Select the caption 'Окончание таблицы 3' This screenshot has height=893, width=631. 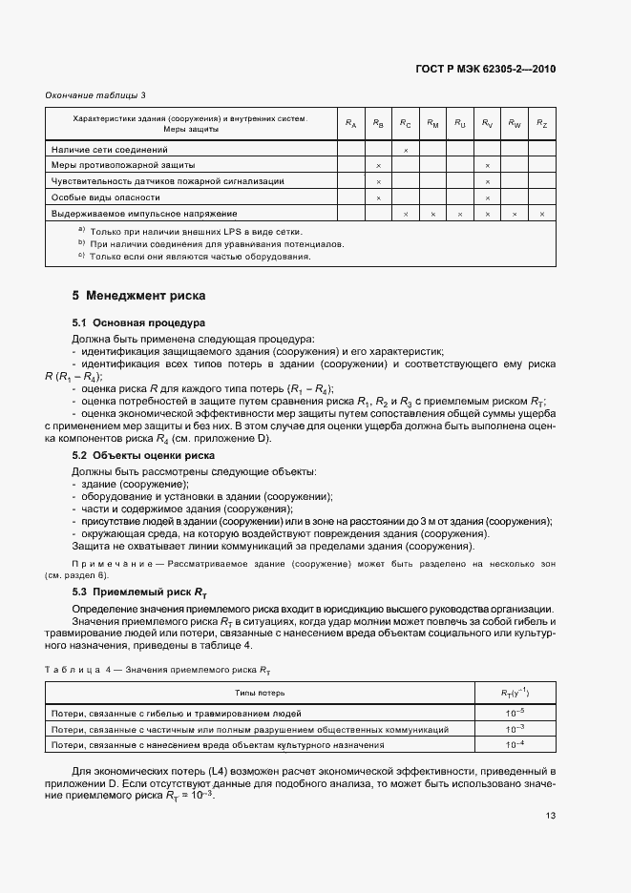(x=95, y=95)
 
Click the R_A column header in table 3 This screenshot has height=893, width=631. (x=351, y=124)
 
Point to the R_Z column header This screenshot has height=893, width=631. (x=541, y=124)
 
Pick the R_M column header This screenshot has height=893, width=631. (x=432, y=124)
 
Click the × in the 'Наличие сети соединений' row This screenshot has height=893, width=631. (x=406, y=151)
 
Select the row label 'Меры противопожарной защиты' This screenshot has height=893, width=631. (x=110, y=166)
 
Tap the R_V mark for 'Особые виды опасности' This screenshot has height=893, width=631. (x=487, y=197)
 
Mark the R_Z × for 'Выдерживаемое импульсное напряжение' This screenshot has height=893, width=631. (x=541, y=214)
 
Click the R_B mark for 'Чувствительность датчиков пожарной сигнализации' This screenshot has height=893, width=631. (x=378, y=181)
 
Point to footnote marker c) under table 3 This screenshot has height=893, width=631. (x=82, y=256)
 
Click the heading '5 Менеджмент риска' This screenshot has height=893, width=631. (x=138, y=296)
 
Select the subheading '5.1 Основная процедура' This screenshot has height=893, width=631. (x=138, y=323)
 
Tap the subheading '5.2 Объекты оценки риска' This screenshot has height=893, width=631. (x=143, y=456)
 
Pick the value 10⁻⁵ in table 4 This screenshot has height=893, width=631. (x=515, y=713)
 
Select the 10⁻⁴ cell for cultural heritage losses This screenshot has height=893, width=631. (x=515, y=744)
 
